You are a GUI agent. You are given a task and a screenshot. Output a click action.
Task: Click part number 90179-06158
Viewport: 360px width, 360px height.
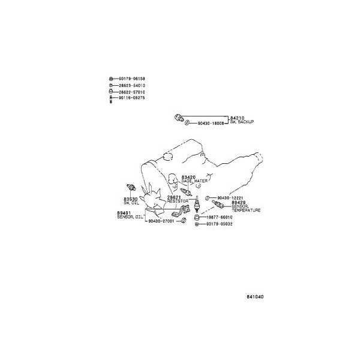pos(132,79)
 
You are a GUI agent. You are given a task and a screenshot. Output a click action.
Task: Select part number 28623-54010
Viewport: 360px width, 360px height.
pos(132,86)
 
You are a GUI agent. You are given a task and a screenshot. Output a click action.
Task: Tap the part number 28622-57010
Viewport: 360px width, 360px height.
pos(132,92)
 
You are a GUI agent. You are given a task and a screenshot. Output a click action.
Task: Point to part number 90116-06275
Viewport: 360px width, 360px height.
pos(132,98)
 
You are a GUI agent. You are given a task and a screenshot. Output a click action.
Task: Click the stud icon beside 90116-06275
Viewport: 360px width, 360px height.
pos(111,98)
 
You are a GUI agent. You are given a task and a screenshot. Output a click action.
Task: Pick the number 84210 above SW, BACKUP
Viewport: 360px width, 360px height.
pos(238,118)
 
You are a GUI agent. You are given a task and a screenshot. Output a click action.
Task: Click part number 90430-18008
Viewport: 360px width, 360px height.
pos(211,123)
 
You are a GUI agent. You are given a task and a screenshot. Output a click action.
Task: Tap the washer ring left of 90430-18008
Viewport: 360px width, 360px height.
pos(188,123)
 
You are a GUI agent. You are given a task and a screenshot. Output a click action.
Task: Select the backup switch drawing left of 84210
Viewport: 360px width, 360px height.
pos(178,116)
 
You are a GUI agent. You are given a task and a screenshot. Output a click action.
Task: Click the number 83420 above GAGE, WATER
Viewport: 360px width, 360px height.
pos(188,177)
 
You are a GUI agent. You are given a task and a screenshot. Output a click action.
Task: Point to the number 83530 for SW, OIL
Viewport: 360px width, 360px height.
pos(131,199)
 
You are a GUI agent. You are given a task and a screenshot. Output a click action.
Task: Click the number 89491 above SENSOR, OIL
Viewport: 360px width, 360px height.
pos(124,212)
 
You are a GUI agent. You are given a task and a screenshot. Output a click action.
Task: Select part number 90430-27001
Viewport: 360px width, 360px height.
pos(161,221)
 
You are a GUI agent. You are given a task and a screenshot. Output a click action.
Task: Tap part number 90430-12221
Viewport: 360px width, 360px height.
pos(230,197)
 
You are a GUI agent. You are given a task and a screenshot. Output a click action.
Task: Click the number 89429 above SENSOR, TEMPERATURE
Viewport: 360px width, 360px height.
pos(239,203)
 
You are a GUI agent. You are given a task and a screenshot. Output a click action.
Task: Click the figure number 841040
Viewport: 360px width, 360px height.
pos(254,296)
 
